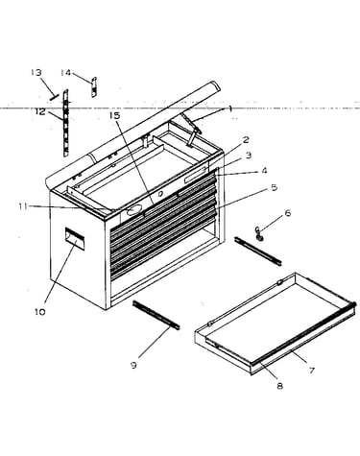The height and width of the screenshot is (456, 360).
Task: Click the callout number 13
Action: pyautogui.click(x=36, y=72)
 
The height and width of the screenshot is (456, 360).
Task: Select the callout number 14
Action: pyautogui.click(x=65, y=73)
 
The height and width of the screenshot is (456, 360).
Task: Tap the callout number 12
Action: pyautogui.click(x=40, y=112)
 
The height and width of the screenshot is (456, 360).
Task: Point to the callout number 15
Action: pyautogui.click(x=114, y=115)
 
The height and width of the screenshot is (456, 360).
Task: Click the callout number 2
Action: pyautogui.click(x=246, y=139)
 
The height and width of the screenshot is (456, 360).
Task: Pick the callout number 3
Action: pyautogui.click(x=249, y=156)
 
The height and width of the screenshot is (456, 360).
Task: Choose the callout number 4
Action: pyautogui.click(x=264, y=171)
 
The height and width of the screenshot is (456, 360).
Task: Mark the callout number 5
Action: pyautogui.click(x=274, y=187)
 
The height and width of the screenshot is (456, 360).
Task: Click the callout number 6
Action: pyautogui.click(x=288, y=213)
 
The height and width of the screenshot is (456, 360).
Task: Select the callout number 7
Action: pyautogui.click(x=312, y=371)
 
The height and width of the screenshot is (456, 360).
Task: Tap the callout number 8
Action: pyautogui.click(x=279, y=386)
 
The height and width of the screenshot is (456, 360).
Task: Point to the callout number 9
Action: pyautogui.click(x=133, y=365)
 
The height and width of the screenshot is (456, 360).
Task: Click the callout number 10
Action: pyautogui.click(x=40, y=312)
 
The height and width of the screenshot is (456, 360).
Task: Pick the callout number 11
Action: pyautogui.click(x=23, y=206)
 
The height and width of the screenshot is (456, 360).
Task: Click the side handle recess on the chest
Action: pyautogui.click(x=75, y=238)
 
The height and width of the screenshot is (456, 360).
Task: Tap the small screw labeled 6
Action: pyautogui.click(x=258, y=233)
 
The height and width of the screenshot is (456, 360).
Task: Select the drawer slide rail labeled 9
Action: pyautogui.click(x=156, y=315)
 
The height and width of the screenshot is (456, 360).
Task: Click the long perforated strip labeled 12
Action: pyautogui.click(x=66, y=123)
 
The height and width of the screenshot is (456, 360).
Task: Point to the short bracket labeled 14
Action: pyautogui.click(x=94, y=87)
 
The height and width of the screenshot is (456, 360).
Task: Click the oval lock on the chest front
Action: pyautogui.click(x=134, y=209)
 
